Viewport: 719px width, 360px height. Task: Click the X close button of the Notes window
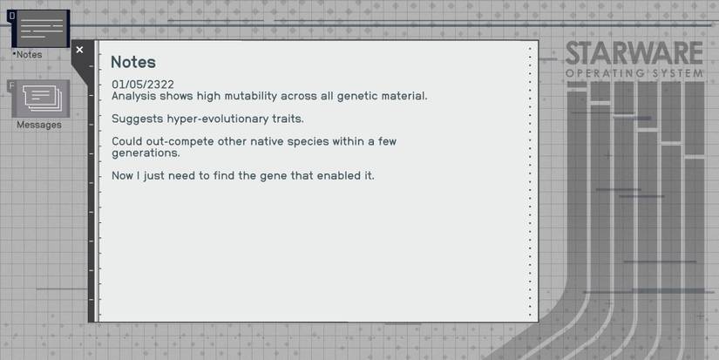[80, 50]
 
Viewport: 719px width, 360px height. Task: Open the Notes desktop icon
[40, 29]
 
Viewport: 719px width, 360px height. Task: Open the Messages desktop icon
[41, 98]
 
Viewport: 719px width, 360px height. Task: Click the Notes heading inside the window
[133, 62]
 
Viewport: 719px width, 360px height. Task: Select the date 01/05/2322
[143, 85]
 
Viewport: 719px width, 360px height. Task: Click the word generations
[146, 153]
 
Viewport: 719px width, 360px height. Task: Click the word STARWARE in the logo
[634, 53]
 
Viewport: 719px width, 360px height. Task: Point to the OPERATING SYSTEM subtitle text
[634, 73]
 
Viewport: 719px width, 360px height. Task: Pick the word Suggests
[138, 119]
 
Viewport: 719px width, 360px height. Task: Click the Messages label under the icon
[39, 125]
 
